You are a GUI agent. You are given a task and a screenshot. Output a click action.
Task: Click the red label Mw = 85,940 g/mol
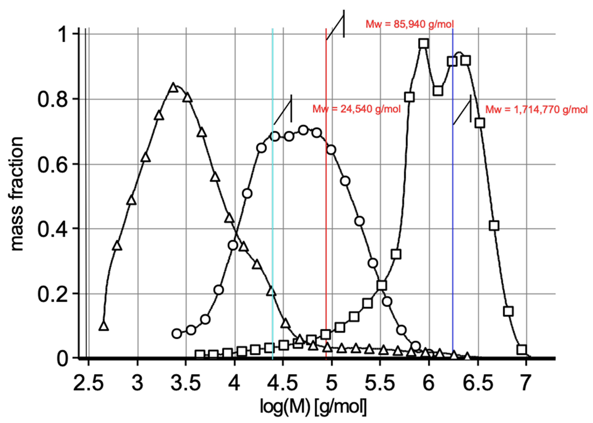click(409, 24)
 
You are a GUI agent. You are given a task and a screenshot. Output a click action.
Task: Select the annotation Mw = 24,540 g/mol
click(356, 109)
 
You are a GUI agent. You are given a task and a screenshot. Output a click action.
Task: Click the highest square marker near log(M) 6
click(424, 44)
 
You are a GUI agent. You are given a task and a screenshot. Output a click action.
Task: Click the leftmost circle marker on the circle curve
click(177, 334)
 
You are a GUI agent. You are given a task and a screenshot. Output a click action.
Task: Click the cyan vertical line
click(273, 208)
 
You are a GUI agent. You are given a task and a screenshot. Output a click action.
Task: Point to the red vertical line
click(326, 208)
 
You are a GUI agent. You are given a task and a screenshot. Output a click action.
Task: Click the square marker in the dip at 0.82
click(438, 91)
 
